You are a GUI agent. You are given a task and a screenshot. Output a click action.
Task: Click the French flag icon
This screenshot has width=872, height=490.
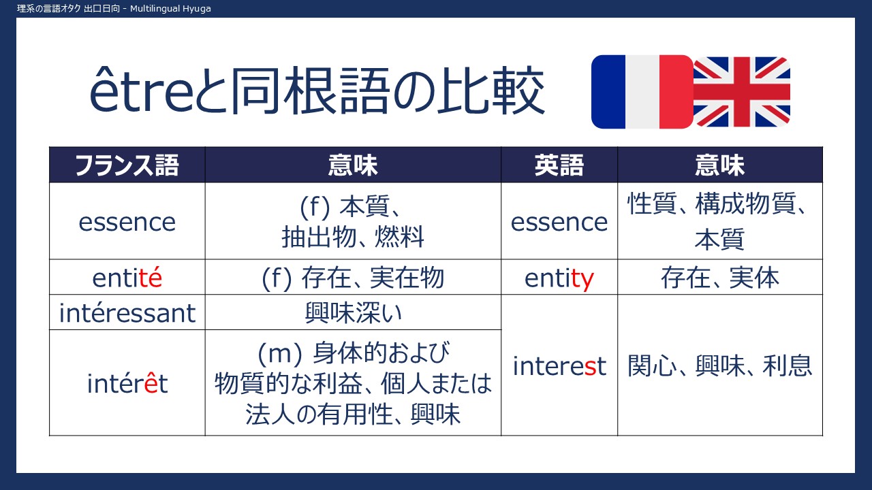pos(642,92)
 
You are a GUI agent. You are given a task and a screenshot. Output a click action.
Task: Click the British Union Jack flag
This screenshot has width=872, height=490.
pos(742,92)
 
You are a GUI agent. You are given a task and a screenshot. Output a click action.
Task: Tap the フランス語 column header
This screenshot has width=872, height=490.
pos(127,165)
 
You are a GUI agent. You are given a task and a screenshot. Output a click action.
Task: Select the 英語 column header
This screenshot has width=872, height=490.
pos(559,165)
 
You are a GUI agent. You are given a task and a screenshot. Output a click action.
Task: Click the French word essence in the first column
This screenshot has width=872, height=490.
pos(127,223)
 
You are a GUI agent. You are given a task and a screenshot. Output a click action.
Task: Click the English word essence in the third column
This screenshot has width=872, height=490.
pos(559,223)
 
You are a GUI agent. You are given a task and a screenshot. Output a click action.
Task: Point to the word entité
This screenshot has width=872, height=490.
pos(127,278)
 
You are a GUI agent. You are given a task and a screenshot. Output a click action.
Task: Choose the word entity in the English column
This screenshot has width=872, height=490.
pos(559,278)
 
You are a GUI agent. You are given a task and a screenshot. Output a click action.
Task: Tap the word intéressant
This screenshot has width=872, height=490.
pos(127,313)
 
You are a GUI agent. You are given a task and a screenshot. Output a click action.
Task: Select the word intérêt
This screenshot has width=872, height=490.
pos(127,383)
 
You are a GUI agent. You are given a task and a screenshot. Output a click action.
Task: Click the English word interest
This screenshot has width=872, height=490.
pos(559,366)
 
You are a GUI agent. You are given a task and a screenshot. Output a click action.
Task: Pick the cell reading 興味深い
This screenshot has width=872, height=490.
pos(353,313)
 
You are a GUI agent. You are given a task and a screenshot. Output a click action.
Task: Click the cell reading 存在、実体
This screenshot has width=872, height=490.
pos(720,278)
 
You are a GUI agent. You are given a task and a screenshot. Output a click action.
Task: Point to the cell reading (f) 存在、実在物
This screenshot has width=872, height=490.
pos(353,278)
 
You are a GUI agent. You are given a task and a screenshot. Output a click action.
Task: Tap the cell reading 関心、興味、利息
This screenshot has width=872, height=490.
pos(720,366)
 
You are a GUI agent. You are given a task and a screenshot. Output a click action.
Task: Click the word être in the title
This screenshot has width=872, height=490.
pos(141,91)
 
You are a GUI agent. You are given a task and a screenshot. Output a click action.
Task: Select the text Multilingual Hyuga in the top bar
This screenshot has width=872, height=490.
pos(170,9)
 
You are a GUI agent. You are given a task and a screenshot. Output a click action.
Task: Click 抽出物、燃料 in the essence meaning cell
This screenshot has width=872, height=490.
pos(353,237)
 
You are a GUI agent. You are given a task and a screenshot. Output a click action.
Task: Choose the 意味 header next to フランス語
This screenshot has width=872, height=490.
pos(353,165)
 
